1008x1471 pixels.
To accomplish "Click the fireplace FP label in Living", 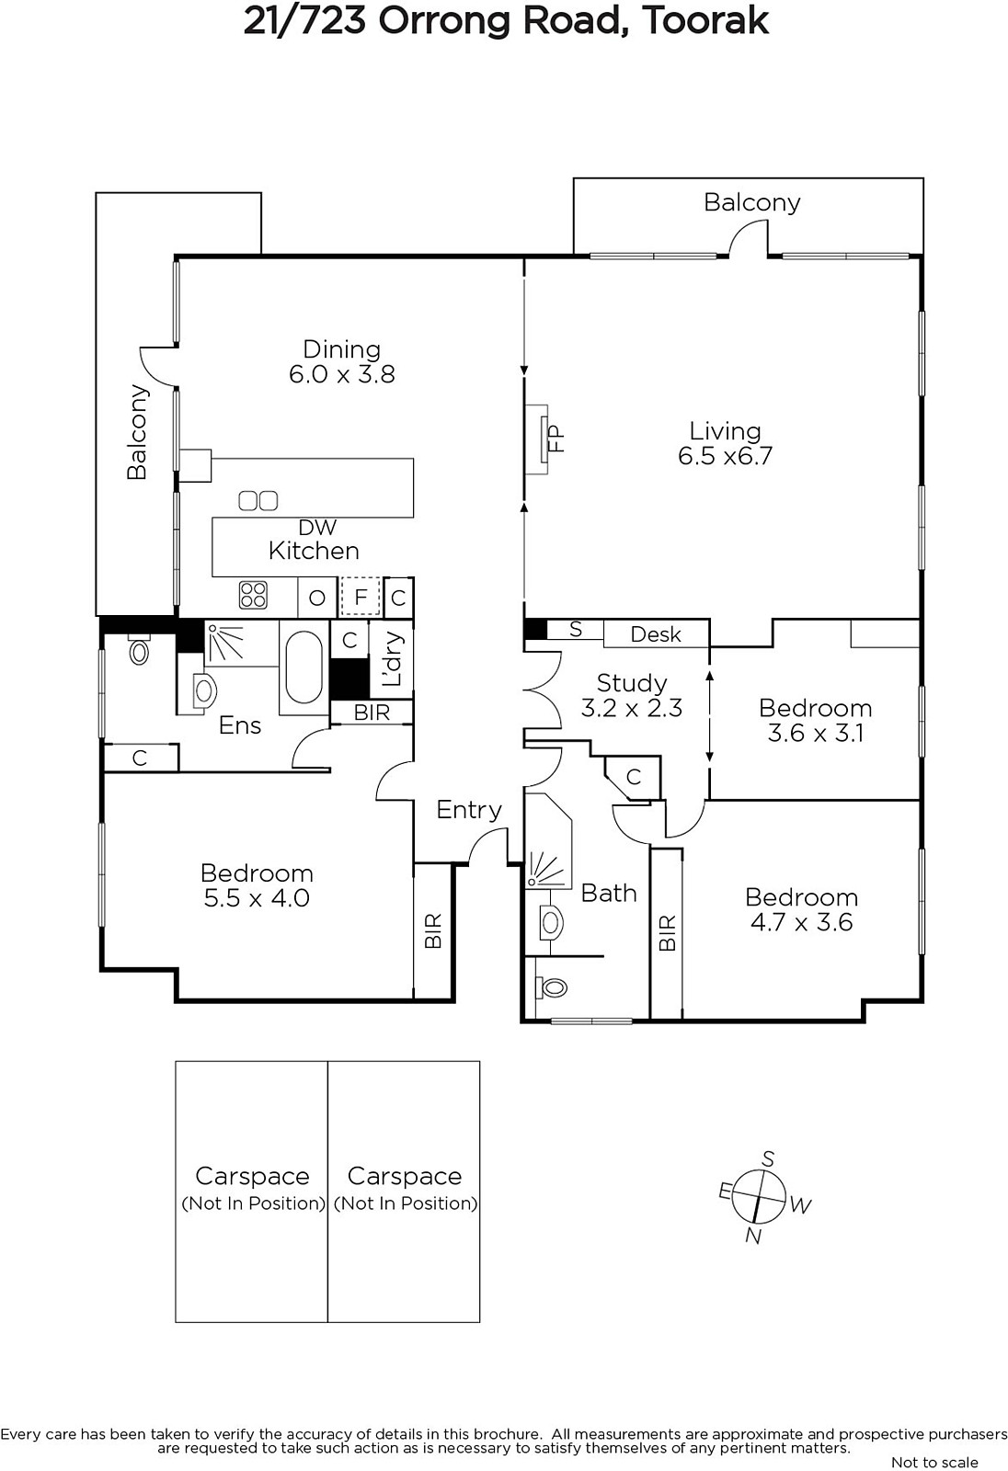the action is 556,438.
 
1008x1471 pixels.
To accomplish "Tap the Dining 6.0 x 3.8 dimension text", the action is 342,374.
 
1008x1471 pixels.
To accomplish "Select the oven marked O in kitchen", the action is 317,598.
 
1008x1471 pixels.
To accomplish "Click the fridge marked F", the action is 361,597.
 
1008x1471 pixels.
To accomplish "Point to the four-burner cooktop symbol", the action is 253,596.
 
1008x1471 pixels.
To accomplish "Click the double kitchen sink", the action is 258,501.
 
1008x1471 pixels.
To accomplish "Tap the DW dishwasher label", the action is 317,527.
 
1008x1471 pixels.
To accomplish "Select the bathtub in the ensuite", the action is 304,667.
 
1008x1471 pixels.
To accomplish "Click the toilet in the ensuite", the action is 139,649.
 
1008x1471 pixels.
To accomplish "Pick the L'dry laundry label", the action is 392,658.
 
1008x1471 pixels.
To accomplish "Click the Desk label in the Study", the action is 656,634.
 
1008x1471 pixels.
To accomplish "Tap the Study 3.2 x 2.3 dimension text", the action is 632,708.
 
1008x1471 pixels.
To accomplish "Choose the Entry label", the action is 469,810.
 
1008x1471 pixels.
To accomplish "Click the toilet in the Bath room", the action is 551,987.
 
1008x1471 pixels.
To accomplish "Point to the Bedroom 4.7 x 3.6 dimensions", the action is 802,922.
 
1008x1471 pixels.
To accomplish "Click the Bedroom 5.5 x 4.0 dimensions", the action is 257,897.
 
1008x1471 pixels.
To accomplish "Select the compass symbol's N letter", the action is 753,1236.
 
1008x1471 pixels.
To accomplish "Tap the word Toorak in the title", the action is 705,21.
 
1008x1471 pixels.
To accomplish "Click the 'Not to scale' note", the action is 934,1462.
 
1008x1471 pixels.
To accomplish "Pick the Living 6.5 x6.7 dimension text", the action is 726,456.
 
